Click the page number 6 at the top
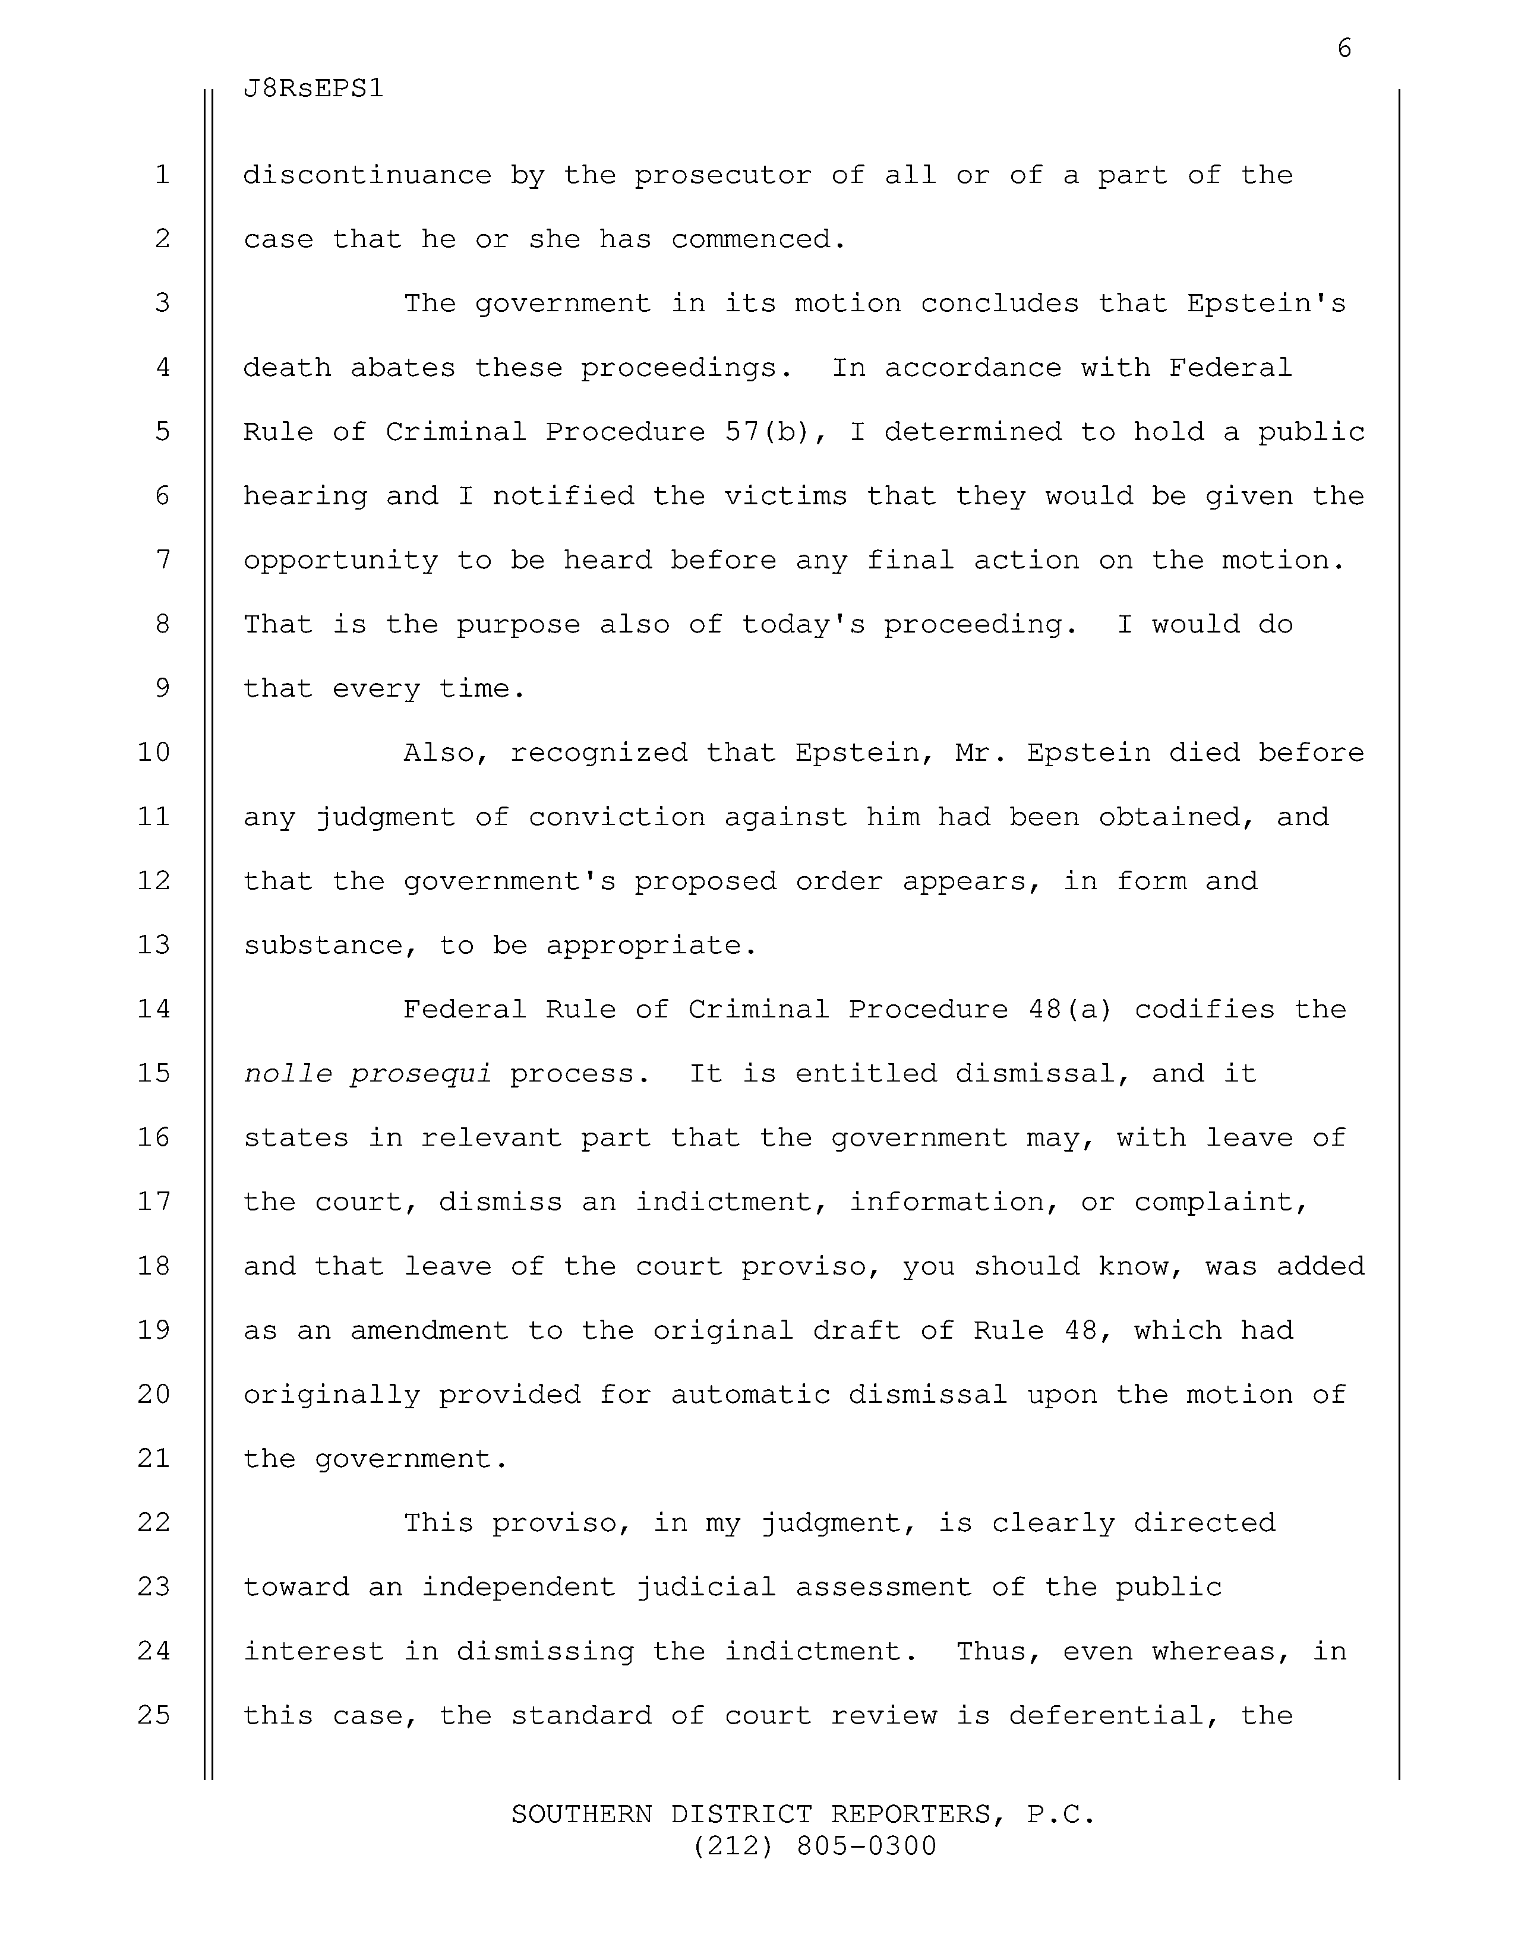(x=1343, y=49)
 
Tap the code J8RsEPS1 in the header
(x=313, y=89)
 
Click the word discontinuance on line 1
(x=367, y=175)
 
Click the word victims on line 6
(x=785, y=497)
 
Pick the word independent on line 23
(x=519, y=1588)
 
